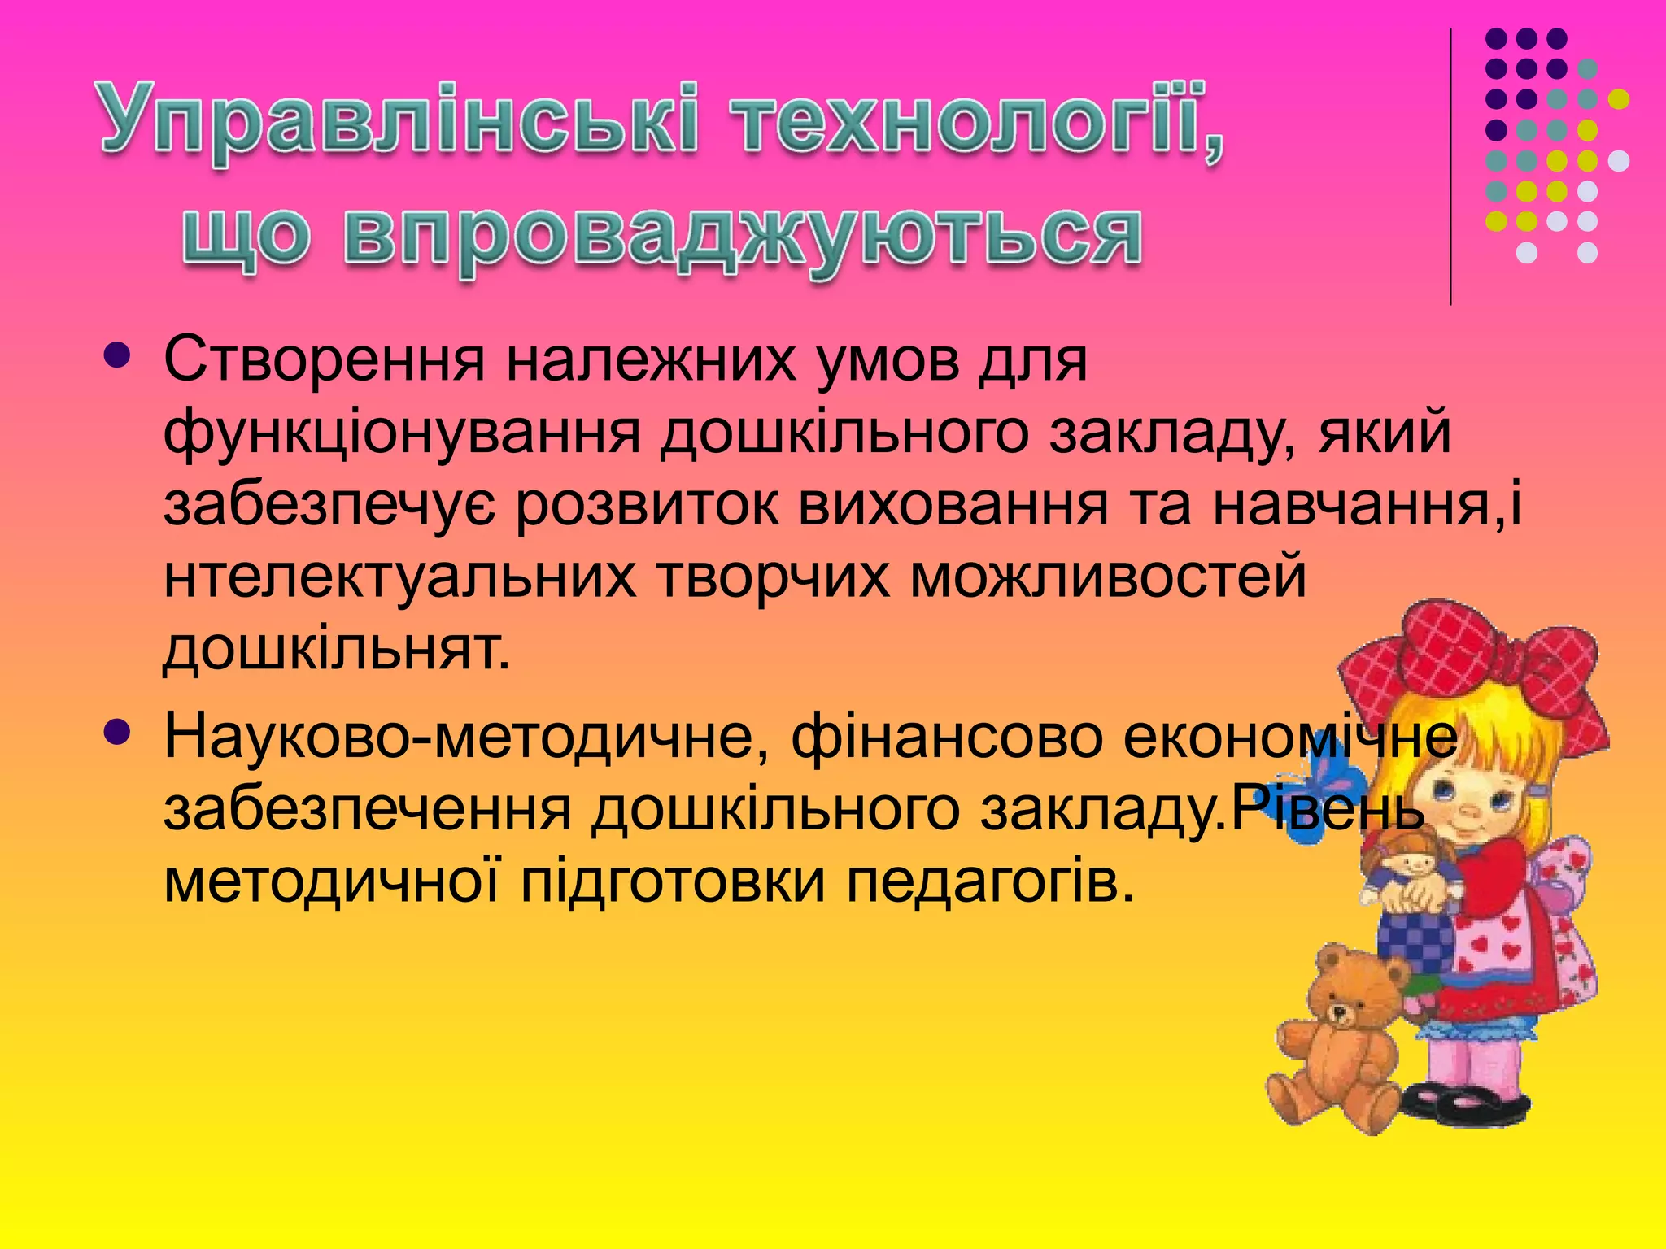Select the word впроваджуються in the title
740,236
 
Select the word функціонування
402,433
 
